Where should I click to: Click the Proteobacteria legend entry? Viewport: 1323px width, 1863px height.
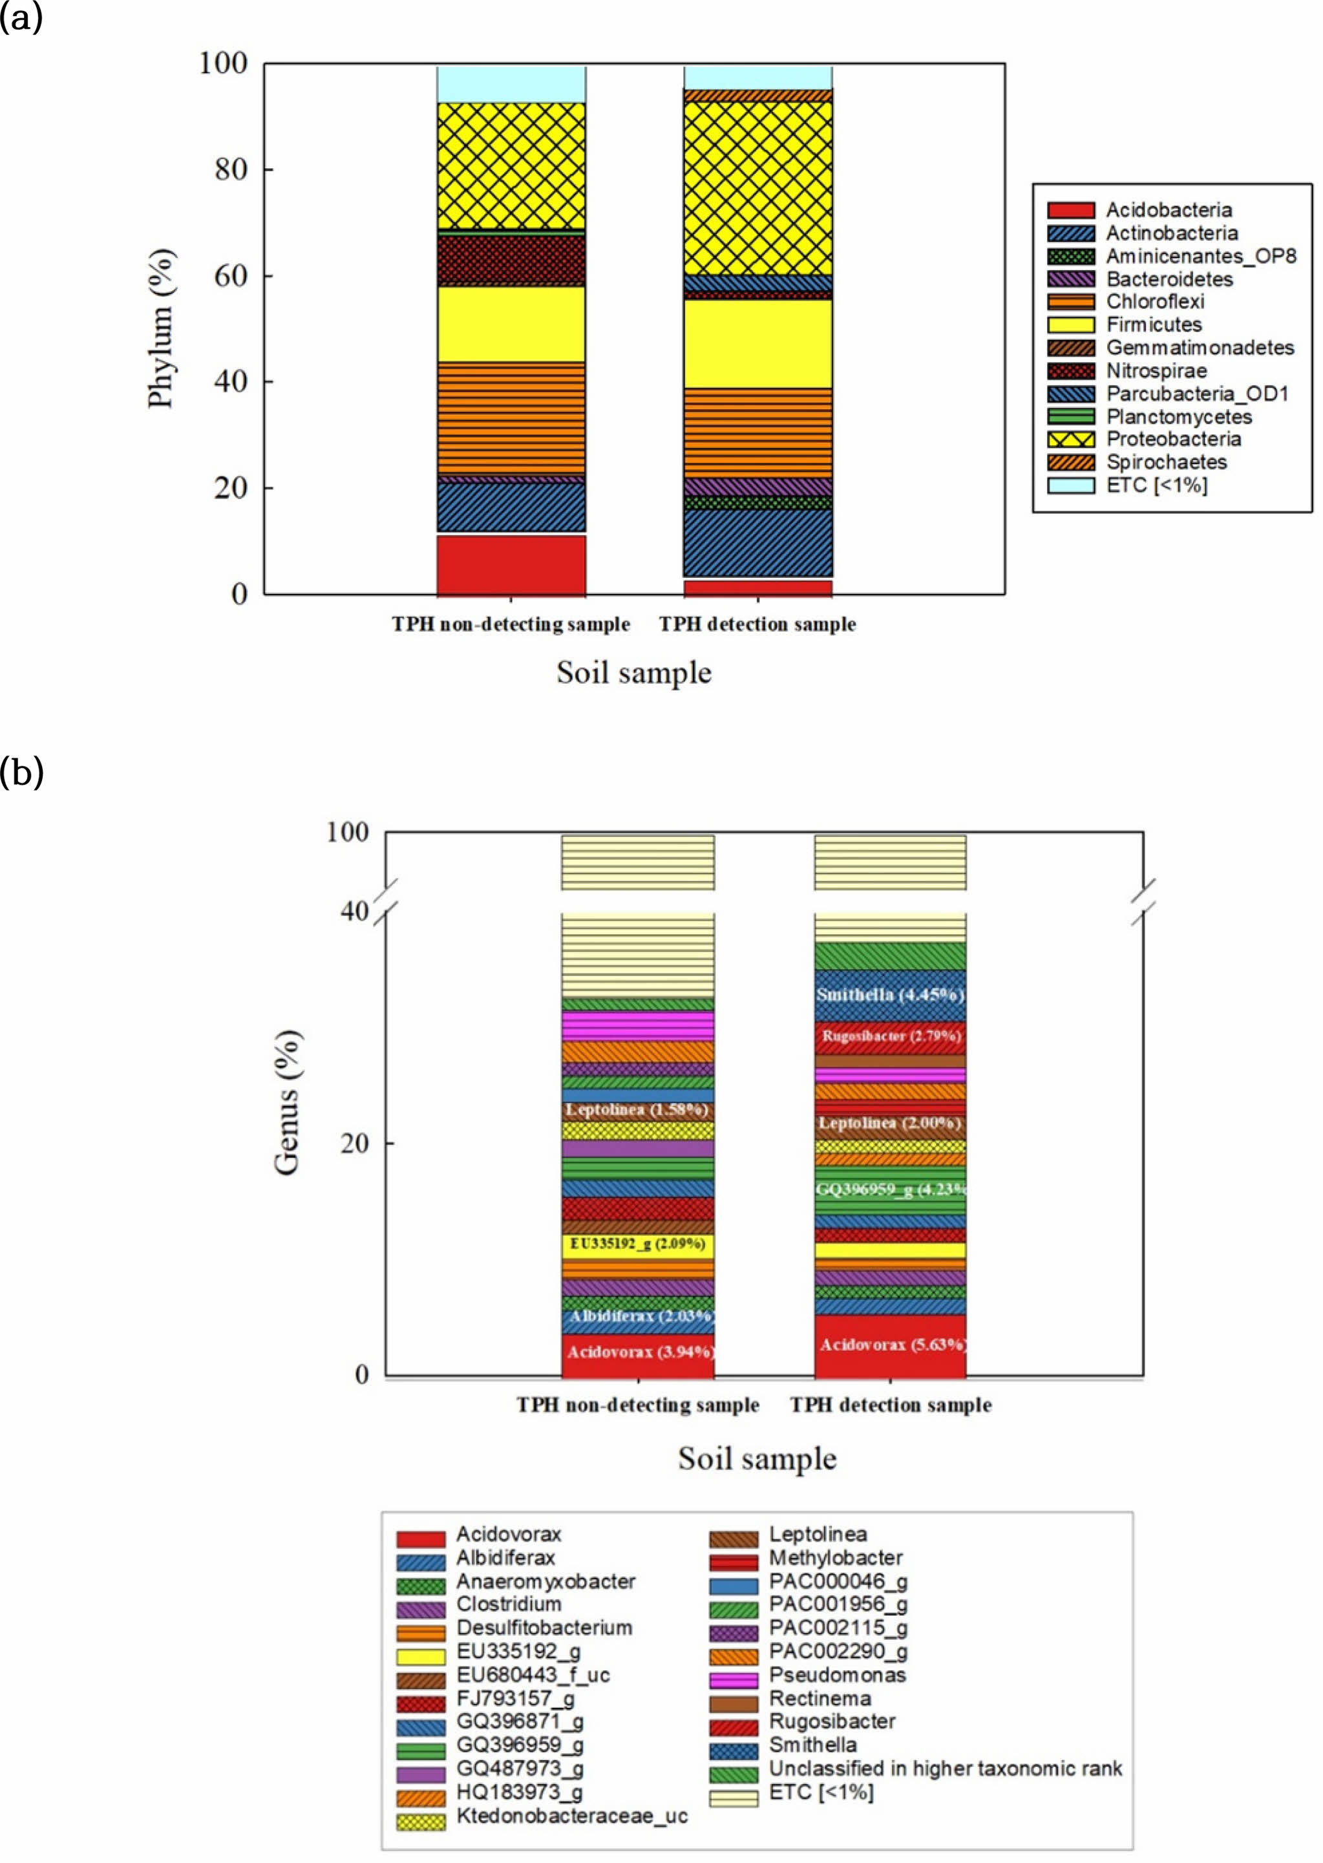(1172, 439)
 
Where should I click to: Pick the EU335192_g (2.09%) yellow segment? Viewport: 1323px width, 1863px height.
(637, 1243)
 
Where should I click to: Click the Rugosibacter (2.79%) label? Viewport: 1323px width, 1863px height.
(891, 1036)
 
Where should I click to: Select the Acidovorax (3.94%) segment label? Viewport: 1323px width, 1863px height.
(639, 1352)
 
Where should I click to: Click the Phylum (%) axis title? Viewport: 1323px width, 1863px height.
(160, 328)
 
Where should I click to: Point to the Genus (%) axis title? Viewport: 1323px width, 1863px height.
(287, 1102)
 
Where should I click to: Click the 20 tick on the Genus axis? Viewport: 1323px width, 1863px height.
(355, 1143)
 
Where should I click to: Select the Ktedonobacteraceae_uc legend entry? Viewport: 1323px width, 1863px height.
(571, 1816)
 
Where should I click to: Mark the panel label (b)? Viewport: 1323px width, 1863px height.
(21, 771)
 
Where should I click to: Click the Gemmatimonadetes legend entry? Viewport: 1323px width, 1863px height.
(1199, 348)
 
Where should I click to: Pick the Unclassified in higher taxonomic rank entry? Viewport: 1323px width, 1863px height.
(945, 1769)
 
